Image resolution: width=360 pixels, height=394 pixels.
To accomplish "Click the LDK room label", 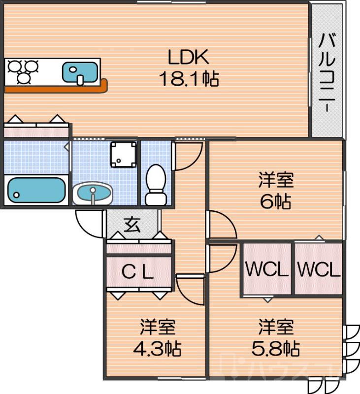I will [189, 58].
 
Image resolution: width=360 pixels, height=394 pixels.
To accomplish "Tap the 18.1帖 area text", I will [189, 78].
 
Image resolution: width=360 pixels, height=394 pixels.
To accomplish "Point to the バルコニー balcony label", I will [327, 72].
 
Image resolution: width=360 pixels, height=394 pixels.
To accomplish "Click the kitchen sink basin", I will [80, 72].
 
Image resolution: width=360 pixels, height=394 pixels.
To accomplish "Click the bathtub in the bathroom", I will [36, 190].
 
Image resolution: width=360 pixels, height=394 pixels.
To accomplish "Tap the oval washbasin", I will [93, 193].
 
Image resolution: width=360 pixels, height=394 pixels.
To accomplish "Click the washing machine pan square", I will [123, 154].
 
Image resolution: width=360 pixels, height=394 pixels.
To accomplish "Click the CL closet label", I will [138, 272].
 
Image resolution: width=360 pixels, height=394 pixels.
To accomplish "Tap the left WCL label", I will [266, 270].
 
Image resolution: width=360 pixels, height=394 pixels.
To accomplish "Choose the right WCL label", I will [319, 270].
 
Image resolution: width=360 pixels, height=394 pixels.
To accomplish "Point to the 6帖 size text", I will [276, 202].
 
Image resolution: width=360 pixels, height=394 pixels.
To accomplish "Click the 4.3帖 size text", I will [157, 349].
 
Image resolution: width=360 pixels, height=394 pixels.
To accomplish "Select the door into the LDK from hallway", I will [188, 154].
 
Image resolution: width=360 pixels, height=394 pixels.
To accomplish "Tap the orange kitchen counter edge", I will [54, 89].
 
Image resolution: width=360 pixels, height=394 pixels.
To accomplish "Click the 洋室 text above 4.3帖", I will [157, 327].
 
